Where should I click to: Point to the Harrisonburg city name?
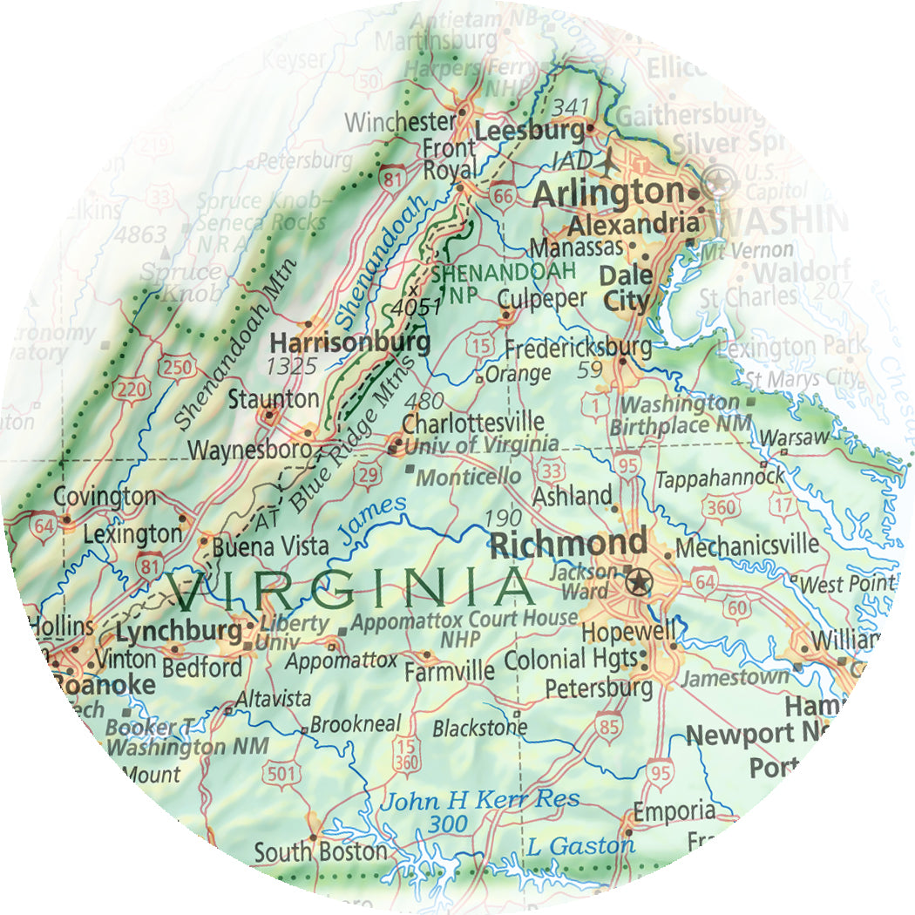pyautogui.click(x=350, y=342)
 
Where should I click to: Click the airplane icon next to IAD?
pyautogui.click(x=608, y=161)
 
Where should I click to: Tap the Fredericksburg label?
pyautogui.click(x=578, y=348)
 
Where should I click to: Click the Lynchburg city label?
pyautogui.click(x=179, y=631)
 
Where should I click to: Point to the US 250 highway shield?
pyautogui.click(x=178, y=369)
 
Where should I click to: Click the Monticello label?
pyautogui.click(x=469, y=476)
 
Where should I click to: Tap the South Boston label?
pyautogui.click(x=320, y=851)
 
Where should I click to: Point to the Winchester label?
pyautogui.click(x=400, y=122)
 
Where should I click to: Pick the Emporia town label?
pyautogui.click(x=674, y=811)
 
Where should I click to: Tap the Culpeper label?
pyautogui.click(x=542, y=298)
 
